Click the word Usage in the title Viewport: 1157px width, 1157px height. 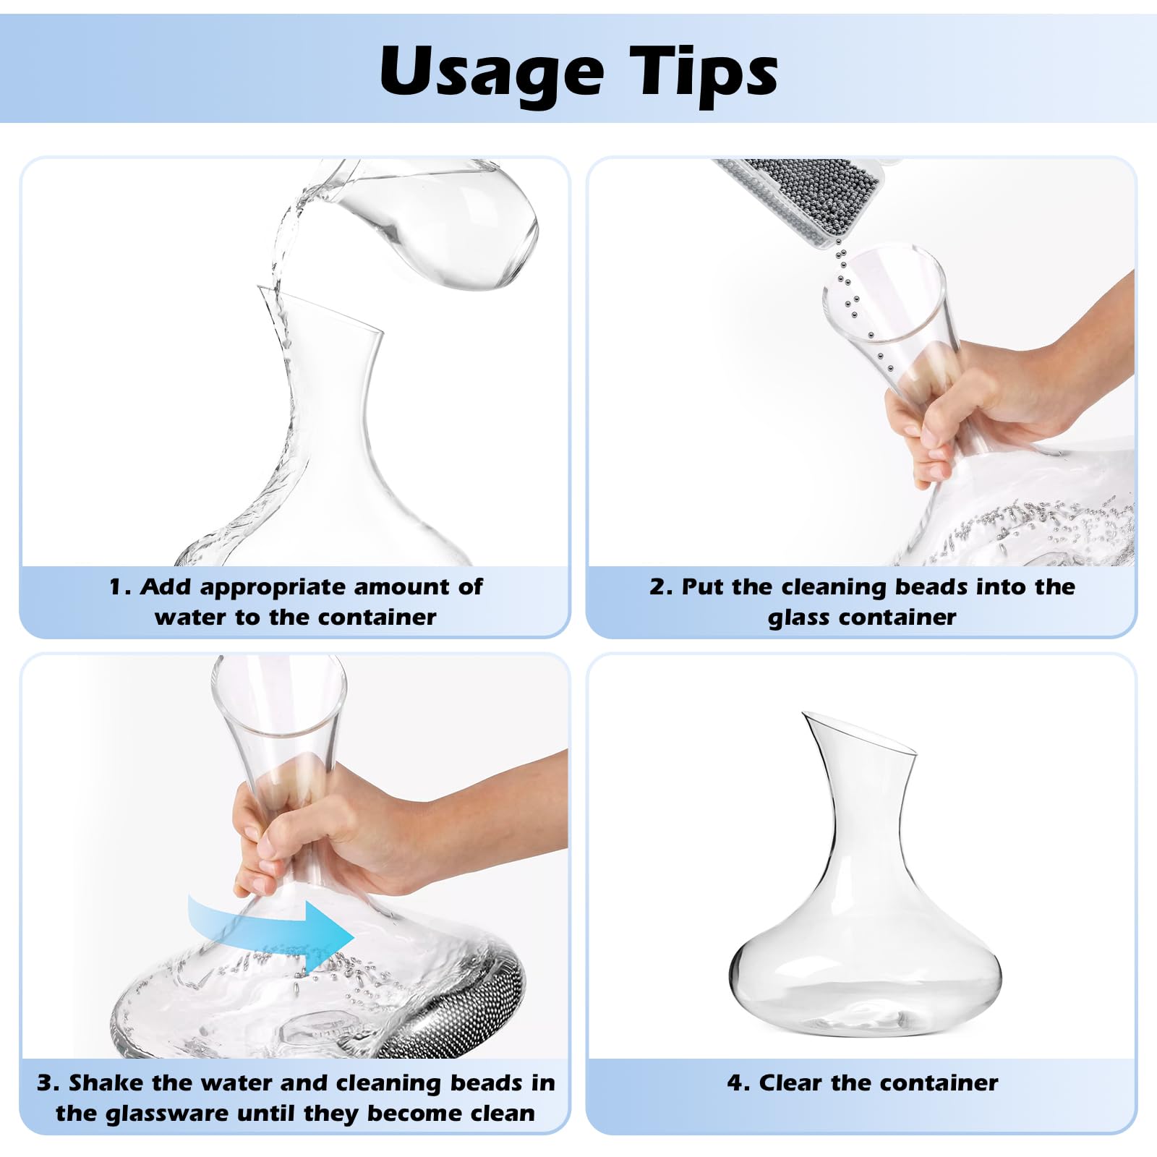(492, 71)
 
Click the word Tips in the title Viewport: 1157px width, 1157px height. (704, 71)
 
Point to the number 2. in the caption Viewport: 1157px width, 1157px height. (661, 586)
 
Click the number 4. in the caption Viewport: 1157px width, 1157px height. (738, 1083)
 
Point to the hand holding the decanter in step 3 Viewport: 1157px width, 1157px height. (376, 832)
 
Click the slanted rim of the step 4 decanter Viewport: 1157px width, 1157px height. (861, 734)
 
